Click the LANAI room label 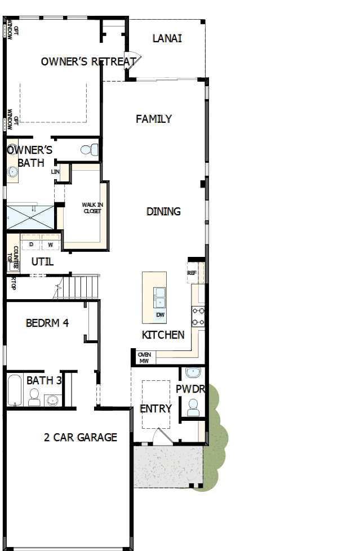click(167, 38)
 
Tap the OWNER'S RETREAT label click(88, 61)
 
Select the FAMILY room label click(154, 119)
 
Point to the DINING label click(163, 211)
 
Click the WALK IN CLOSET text click(92, 208)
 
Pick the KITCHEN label click(163, 335)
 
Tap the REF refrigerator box click(192, 273)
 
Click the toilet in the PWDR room click(193, 407)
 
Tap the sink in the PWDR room click(193, 372)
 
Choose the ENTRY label click(155, 408)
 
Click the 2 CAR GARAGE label click(81, 437)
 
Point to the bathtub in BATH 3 click(15, 390)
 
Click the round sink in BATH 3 click(52, 401)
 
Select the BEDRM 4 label click(47, 323)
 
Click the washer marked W click(50, 245)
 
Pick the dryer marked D click(32, 245)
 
